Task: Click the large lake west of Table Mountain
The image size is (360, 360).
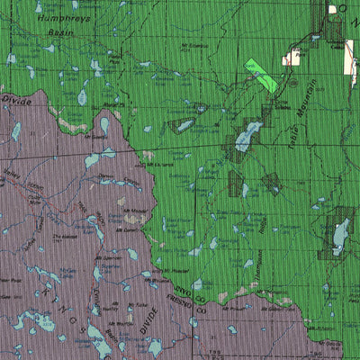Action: tap(244, 138)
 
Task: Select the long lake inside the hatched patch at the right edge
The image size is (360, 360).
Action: tap(340, 236)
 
